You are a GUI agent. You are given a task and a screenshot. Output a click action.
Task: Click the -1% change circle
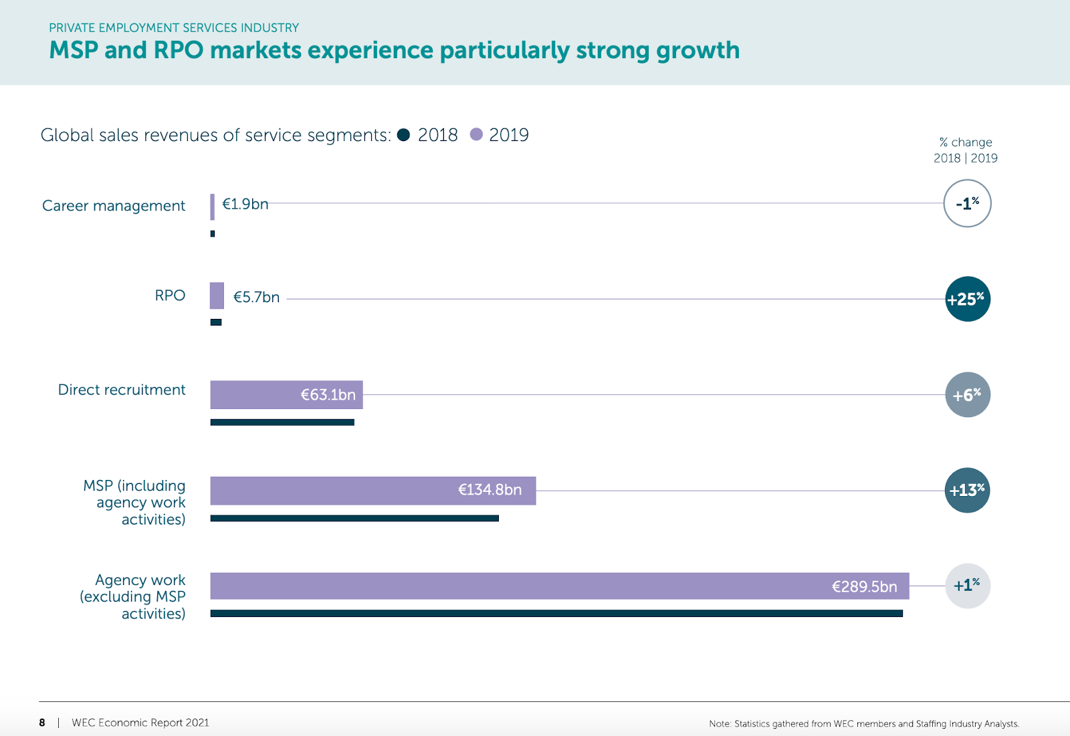(x=967, y=203)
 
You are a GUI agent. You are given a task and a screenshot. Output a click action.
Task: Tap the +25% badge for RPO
(x=967, y=299)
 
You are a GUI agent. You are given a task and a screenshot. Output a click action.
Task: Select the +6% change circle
(x=967, y=394)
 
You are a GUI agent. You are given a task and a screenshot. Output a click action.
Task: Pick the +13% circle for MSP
(x=967, y=490)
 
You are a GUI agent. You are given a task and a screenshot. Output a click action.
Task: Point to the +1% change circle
(x=967, y=586)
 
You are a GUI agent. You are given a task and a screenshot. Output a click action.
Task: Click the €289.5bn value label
(x=864, y=587)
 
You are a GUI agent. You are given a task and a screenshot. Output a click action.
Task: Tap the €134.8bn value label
(x=490, y=490)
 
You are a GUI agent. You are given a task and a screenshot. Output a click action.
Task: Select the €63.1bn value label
(x=328, y=395)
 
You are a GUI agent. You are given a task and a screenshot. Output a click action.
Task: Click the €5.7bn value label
(x=256, y=297)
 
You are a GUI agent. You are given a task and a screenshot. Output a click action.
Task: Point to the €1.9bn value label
(x=245, y=204)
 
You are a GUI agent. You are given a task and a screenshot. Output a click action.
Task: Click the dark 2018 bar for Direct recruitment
(x=282, y=422)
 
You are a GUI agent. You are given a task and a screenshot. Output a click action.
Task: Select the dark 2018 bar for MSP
(x=354, y=518)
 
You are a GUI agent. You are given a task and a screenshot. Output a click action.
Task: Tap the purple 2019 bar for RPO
(x=217, y=295)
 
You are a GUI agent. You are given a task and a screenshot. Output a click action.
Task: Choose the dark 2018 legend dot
(x=403, y=135)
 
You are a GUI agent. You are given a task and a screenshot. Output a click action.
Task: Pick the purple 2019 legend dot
(x=476, y=135)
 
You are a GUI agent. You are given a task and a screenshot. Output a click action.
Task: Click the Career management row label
(x=114, y=206)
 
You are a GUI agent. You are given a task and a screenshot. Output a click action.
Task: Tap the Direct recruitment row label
(x=122, y=390)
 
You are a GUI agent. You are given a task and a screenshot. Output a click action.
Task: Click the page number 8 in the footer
(x=42, y=723)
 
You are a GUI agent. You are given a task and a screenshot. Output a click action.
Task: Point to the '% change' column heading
(x=966, y=142)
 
